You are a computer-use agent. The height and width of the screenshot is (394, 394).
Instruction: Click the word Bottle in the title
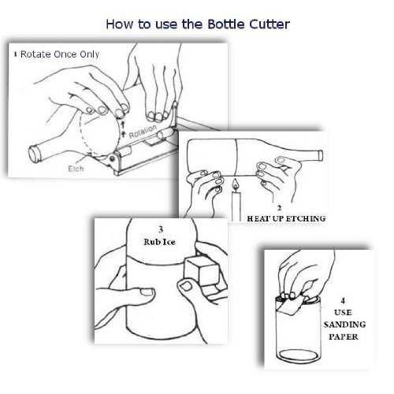click(226, 24)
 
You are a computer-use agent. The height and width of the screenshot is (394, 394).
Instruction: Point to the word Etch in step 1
click(76, 169)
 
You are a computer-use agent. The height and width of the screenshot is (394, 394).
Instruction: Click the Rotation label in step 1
click(143, 132)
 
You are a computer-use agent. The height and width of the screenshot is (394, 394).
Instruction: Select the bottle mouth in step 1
click(35, 154)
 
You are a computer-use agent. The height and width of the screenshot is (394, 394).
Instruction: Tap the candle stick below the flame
click(236, 206)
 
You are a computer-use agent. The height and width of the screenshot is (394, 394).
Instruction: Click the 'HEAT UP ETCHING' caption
click(286, 218)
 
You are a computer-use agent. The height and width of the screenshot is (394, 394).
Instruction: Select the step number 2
click(279, 208)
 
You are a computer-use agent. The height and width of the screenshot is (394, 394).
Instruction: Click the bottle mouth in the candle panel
click(321, 155)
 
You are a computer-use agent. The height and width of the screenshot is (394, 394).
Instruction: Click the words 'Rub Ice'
click(159, 242)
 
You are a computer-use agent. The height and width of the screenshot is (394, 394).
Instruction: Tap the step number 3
click(161, 229)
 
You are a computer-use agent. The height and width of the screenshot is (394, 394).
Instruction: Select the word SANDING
click(344, 325)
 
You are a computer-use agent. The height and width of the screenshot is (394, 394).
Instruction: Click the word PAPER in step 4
click(344, 336)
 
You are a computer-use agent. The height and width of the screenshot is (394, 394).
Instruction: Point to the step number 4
click(343, 300)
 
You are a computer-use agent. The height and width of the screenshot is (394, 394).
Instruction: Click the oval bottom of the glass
click(299, 355)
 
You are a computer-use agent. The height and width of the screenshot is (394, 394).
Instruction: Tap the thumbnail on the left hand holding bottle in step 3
click(147, 292)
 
